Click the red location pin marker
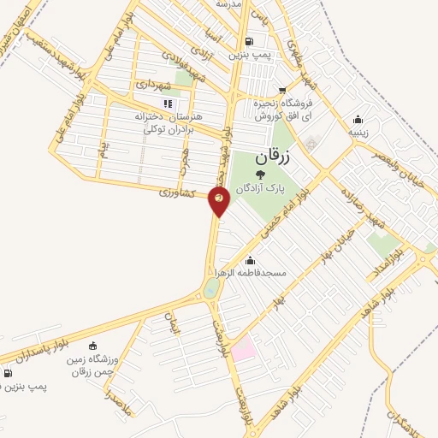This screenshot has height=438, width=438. click(219, 199)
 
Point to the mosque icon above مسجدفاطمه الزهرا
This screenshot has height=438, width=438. click(250, 260)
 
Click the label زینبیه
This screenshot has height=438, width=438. click(358, 133)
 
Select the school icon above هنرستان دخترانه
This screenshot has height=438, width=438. click(167, 104)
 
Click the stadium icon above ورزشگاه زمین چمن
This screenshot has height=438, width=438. click(92, 346)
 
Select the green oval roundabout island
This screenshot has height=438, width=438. click(211, 288)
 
